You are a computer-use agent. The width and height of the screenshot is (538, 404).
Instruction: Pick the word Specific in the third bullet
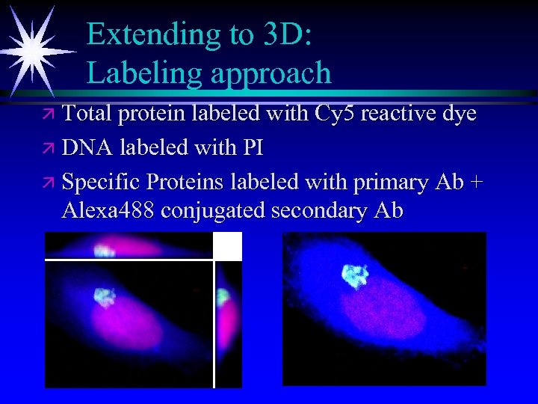tap(102, 182)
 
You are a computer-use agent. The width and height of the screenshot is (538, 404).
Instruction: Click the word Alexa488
tap(108, 211)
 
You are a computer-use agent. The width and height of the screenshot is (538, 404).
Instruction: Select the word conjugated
tap(215, 212)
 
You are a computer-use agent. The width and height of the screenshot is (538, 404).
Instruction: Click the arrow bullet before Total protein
tap(49, 114)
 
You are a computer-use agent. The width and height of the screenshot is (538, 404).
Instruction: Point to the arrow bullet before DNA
tap(49, 148)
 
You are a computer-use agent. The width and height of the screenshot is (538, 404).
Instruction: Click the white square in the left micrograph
tap(228, 245)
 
